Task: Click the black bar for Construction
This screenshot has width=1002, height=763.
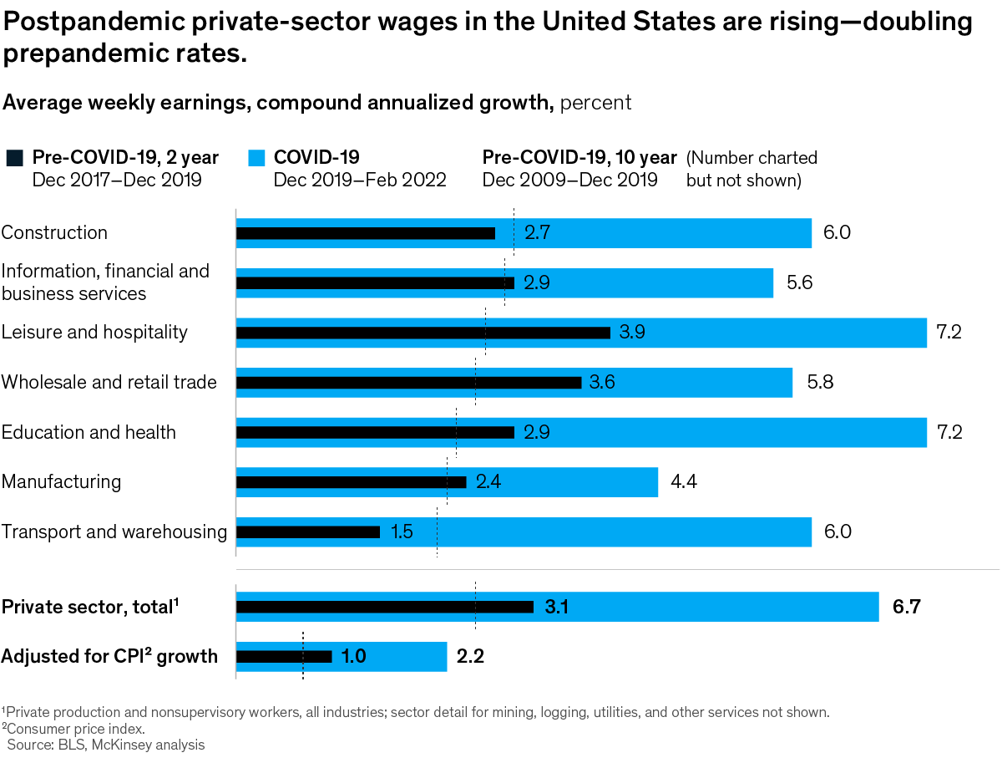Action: tap(366, 233)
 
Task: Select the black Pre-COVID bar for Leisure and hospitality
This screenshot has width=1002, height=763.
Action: tap(423, 333)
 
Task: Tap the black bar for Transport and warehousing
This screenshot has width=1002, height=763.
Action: tap(308, 532)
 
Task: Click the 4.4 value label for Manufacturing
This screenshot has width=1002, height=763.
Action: tap(684, 482)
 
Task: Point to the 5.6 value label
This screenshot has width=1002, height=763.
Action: tap(799, 283)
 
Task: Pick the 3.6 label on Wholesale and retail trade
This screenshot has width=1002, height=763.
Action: tap(602, 383)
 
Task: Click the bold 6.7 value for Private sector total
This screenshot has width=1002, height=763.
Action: tap(906, 608)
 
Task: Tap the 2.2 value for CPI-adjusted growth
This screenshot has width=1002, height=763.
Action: tap(470, 657)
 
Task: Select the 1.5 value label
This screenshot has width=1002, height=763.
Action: tap(402, 532)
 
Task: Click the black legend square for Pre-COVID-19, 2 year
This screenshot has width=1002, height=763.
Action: tap(14, 157)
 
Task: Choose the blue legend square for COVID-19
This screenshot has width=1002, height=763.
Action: tap(256, 157)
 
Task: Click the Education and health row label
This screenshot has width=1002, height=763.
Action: tap(89, 432)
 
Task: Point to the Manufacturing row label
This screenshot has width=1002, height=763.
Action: tap(61, 482)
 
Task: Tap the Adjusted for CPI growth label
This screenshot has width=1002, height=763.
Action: tap(109, 657)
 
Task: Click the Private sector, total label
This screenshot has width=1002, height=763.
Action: tap(91, 608)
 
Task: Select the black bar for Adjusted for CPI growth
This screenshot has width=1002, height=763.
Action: tap(284, 657)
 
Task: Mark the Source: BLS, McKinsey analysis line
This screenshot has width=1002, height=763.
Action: tap(106, 744)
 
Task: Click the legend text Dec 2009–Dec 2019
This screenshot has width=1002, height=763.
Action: tap(569, 180)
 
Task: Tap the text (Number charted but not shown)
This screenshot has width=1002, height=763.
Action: tap(751, 169)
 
